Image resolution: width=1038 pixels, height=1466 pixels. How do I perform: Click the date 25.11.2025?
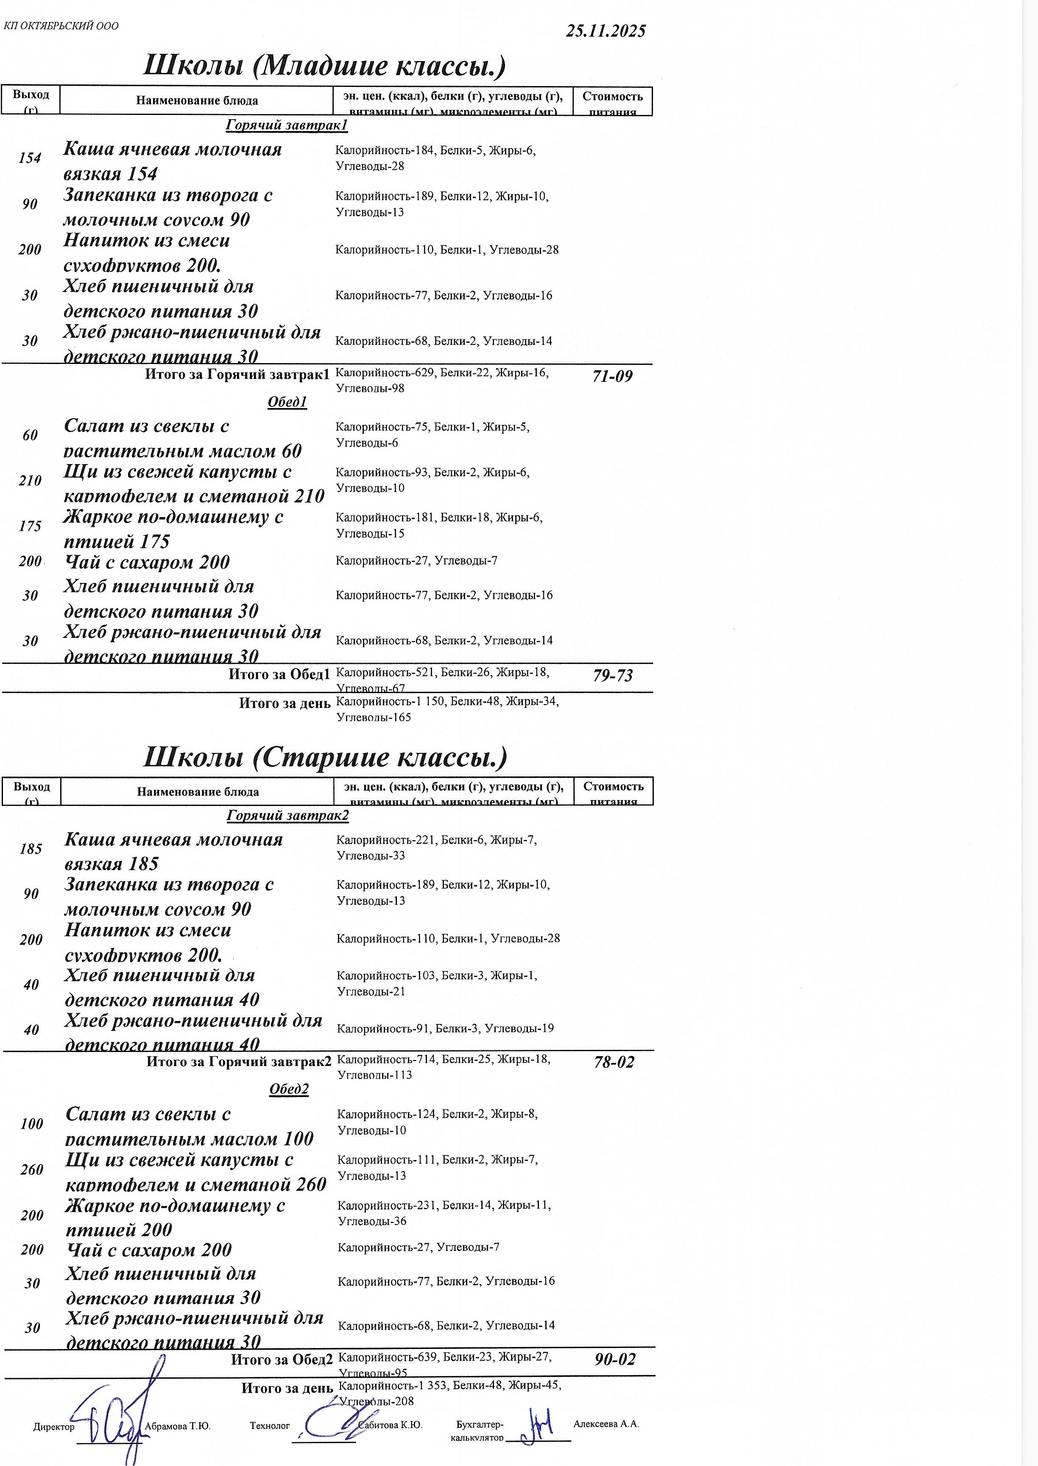pos(605,31)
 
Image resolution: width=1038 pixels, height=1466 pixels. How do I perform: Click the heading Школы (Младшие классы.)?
pos(324,66)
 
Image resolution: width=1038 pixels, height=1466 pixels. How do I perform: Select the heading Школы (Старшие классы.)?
pos(325,757)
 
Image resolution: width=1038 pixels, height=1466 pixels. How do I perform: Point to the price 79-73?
pos(612,675)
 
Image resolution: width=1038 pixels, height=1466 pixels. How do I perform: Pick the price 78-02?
pos(614,1062)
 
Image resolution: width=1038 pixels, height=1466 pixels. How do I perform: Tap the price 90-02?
pos(615,1359)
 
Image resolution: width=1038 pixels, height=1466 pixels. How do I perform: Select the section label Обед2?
pos(289,1089)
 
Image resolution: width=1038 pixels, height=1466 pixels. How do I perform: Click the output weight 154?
pos(30,158)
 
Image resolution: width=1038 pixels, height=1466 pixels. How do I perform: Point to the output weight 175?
pos(30,526)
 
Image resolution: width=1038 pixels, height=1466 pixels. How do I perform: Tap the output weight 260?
pos(31,1169)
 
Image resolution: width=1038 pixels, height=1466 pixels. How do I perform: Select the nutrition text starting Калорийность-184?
pos(435,158)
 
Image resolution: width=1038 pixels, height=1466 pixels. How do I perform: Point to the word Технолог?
pos(269,1426)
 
